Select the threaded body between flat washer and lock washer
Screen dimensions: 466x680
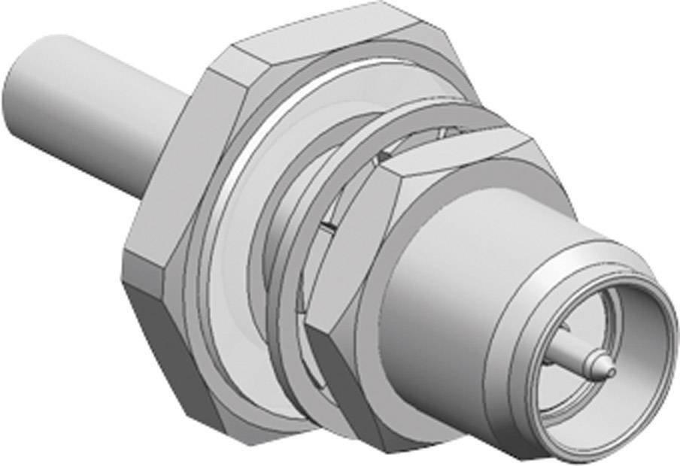[301, 188]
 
